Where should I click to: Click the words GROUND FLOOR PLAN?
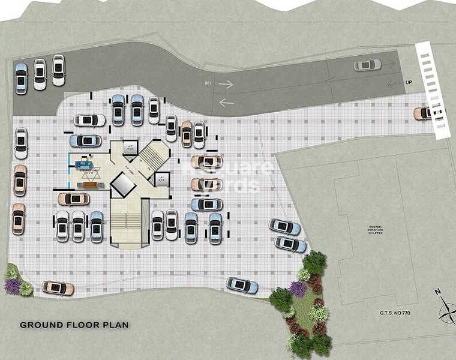[x=74, y=325]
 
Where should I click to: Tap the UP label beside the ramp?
[x=409, y=82]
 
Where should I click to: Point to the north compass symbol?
[x=446, y=310]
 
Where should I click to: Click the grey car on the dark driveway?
[x=367, y=65]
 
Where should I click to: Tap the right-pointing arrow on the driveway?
[x=226, y=85]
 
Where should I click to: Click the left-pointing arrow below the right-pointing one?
[x=226, y=103]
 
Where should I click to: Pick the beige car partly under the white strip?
[x=423, y=113]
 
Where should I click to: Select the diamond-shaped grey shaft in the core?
[x=123, y=184]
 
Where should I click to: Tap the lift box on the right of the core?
[x=161, y=179]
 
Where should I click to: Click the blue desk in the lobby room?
[x=82, y=162]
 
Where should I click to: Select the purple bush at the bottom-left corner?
[x=13, y=286]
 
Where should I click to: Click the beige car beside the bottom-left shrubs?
[x=58, y=288]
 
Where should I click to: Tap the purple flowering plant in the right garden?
[x=298, y=289]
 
